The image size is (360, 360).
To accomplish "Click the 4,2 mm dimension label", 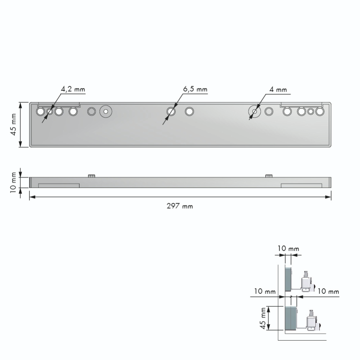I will (x=73, y=89).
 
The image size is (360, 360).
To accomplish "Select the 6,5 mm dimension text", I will (x=195, y=89).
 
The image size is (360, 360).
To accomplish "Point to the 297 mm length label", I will (x=180, y=206).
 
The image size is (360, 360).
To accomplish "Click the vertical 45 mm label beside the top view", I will (x=13, y=124).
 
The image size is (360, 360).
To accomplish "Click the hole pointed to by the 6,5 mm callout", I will (x=171, y=111).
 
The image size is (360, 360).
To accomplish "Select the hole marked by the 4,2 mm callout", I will (x=50, y=111).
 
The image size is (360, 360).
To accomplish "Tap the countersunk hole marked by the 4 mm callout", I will (x=255, y=112).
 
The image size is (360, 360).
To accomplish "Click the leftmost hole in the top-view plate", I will (x=40, y=111).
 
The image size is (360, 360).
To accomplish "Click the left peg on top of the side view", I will (x=91, y=176).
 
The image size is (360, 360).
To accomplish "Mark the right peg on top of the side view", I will (x=269, y=176).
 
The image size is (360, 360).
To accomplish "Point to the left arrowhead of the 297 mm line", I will (x=31, y=197).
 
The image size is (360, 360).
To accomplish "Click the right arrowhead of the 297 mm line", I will (x=329, y=197).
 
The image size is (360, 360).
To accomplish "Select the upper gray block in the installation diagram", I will (x=288, y=279).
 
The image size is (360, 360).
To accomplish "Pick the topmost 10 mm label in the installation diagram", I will (x=288, y=249).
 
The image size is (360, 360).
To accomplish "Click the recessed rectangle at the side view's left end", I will (x=58, y=185).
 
